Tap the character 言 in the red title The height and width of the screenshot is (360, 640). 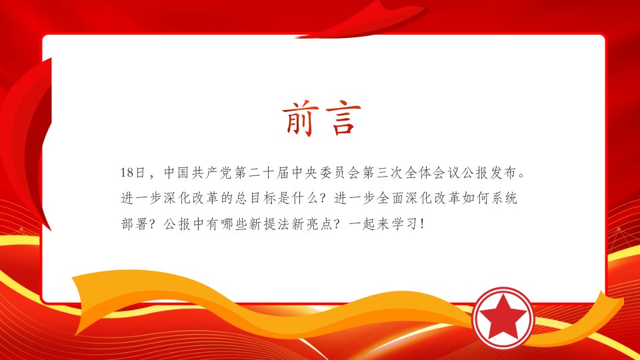pyautogui.click(x=343, y=119)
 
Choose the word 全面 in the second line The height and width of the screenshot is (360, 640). pyautogui.click(x=390, y=198)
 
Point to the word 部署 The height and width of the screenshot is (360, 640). pyautogui.click(x=134, y=224)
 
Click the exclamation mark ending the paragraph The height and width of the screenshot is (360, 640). pyautogui.click(x=422, y=224)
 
